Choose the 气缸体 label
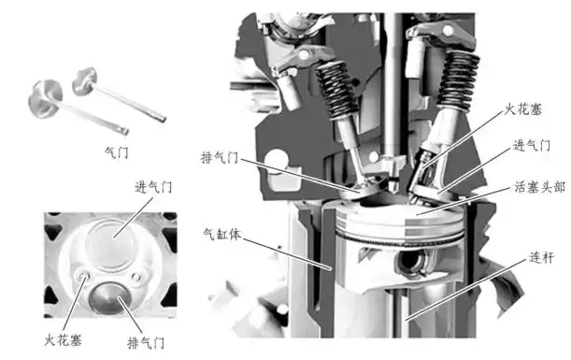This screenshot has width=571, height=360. coord(223,233)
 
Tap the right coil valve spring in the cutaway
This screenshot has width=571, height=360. coord(458,80)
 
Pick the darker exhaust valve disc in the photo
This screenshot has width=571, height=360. coord(111,298)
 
